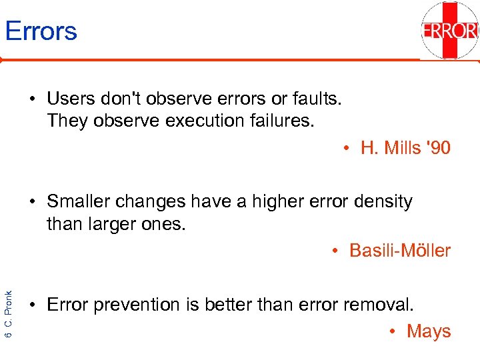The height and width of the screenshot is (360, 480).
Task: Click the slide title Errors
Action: click(x=41, y=31)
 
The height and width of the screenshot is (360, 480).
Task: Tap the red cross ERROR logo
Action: click(x=450, y=31)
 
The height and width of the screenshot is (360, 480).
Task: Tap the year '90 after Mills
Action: click(x=439, y=148)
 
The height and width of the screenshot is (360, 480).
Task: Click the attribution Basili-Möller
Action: click(x=400, y=251)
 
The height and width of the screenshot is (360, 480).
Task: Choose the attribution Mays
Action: click(x=429, y=331)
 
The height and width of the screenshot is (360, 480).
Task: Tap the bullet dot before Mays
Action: click(x=394, y=331)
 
